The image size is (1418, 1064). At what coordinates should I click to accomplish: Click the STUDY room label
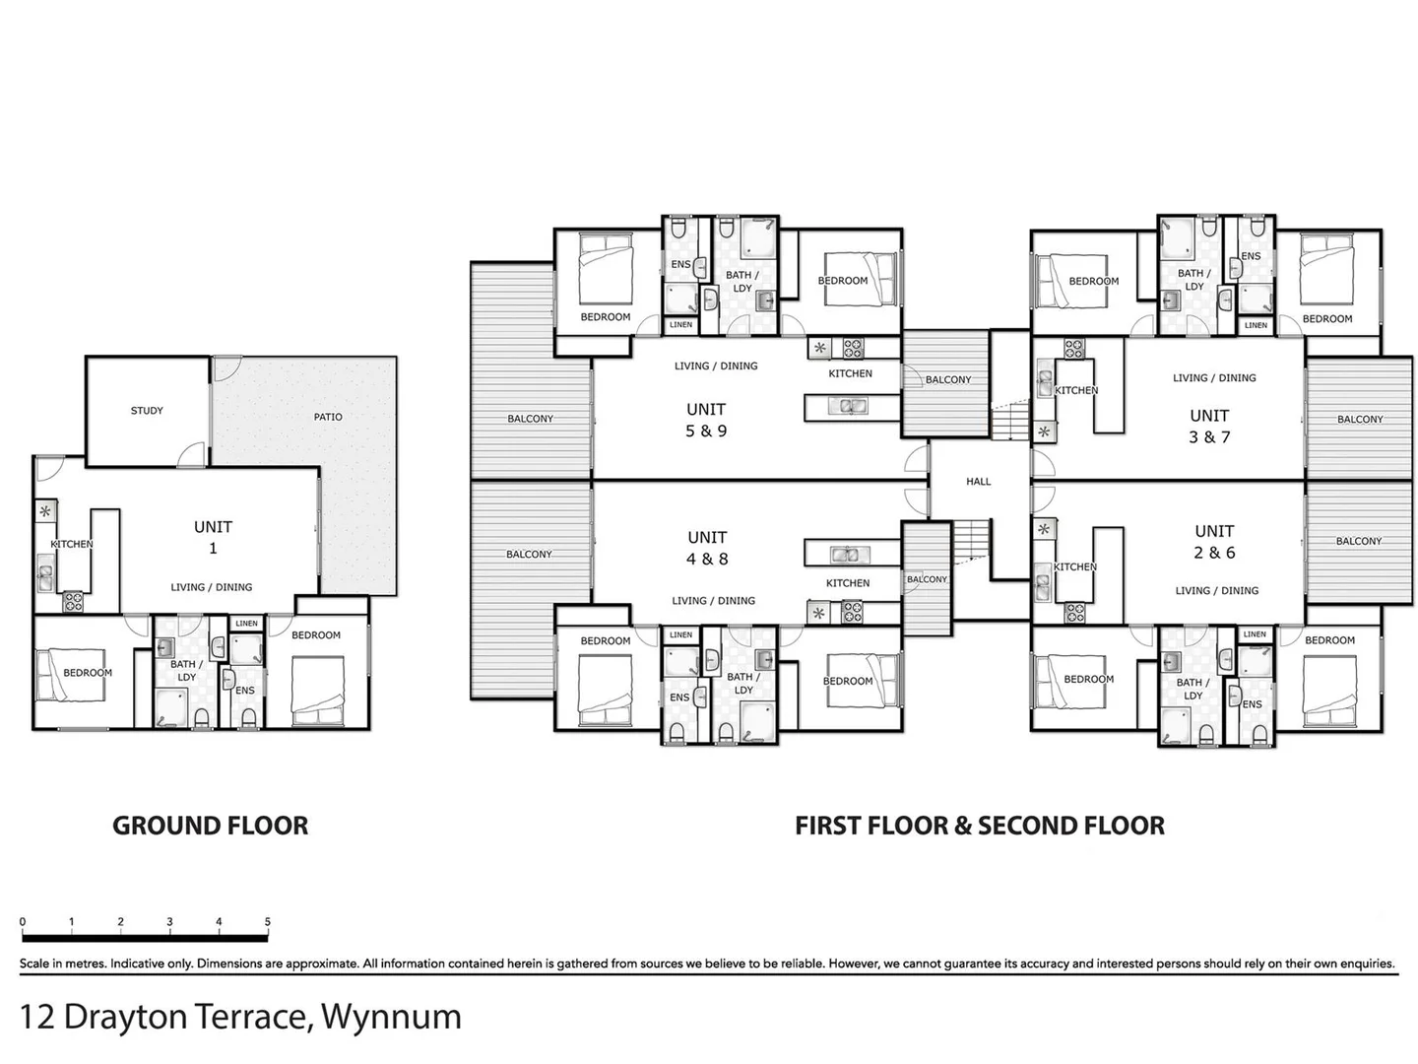[147, 411]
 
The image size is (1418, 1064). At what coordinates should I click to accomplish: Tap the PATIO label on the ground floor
[328, 417]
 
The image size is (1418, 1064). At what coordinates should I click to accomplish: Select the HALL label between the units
[978, 482]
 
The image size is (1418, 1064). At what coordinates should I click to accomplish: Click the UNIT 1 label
[213, 537]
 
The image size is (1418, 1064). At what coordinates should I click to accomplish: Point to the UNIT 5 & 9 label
[706, 420]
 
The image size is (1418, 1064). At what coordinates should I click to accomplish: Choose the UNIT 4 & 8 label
[707, 548]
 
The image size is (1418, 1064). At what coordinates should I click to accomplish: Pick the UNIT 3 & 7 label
[1209, 426]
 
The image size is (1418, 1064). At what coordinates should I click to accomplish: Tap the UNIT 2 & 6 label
[1214, 542]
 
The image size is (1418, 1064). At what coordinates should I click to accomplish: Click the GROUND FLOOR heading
[210, 826]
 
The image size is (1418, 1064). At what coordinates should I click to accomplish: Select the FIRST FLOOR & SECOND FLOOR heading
[980, 826]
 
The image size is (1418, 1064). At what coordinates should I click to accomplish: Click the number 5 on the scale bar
[268, 922]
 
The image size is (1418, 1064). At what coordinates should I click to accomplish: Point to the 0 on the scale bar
[23, 922]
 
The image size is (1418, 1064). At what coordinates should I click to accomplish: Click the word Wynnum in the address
[391, 1016]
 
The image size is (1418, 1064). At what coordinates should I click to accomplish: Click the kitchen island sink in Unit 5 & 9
[846, 406]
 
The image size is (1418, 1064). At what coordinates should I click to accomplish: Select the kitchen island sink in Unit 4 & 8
[844, 553]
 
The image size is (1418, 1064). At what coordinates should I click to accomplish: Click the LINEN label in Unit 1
[246, 623]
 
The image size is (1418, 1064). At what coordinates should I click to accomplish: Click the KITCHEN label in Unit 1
[72, 544]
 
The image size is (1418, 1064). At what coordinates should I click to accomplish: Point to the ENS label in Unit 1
[245, 690]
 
